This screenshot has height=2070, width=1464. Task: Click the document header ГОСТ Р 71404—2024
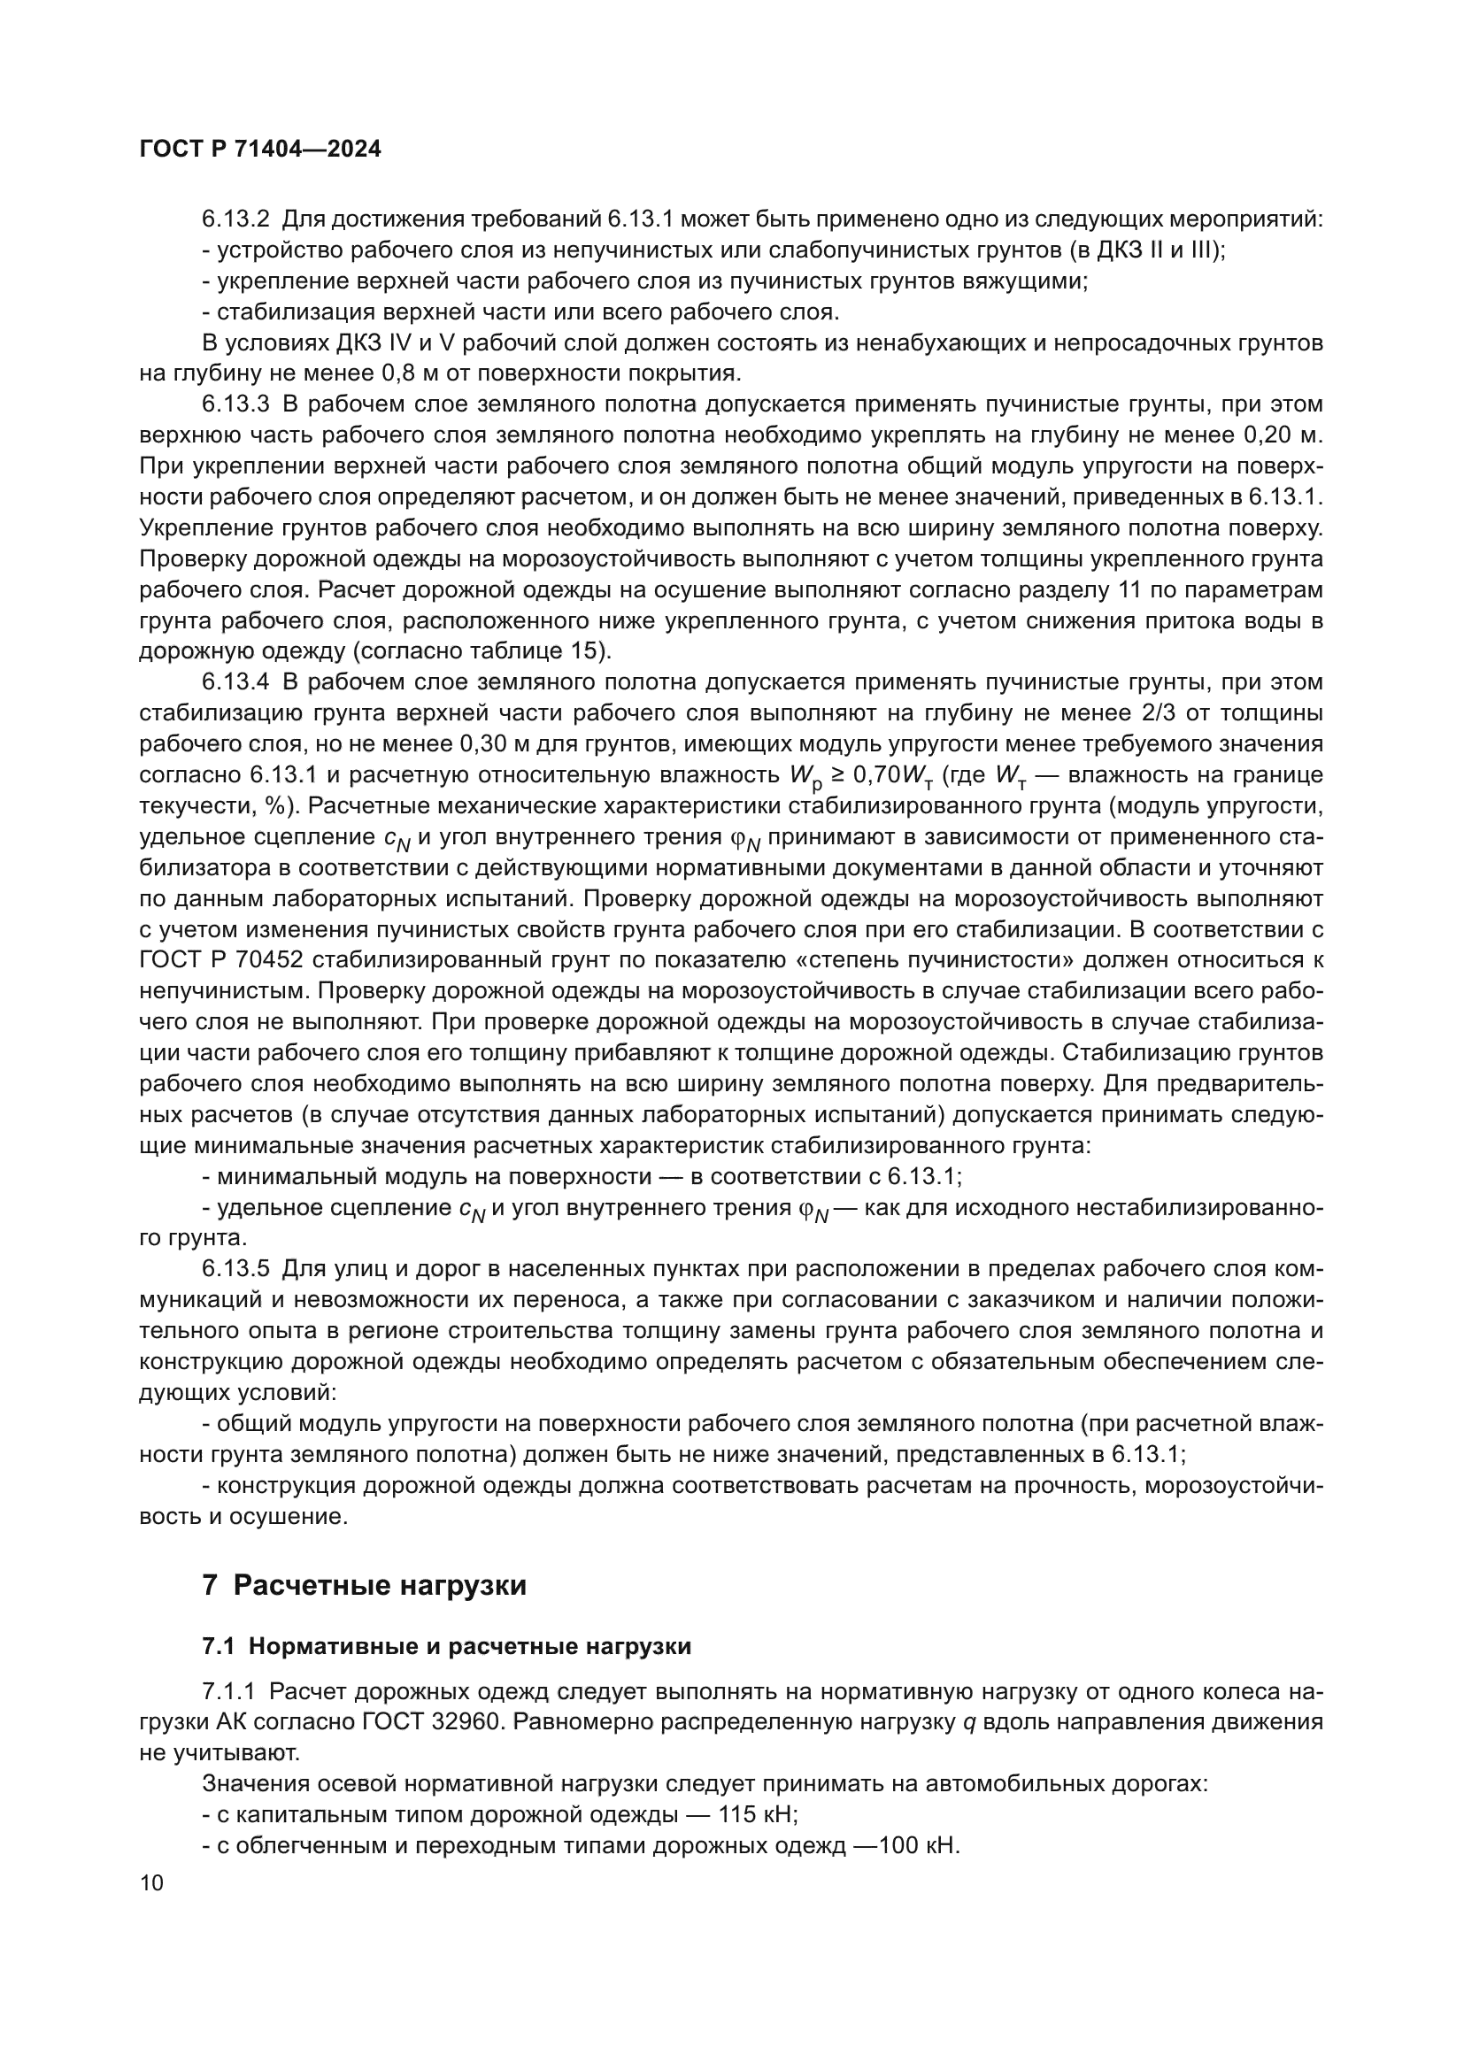[260, 150]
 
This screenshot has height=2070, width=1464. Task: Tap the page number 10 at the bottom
[151, 1882]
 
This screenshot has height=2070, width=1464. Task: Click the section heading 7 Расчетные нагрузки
[364, 1585]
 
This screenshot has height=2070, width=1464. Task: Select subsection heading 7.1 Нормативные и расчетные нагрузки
[446, 1646]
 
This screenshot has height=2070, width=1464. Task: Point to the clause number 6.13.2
[235, 219]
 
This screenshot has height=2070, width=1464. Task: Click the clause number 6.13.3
[235, 404]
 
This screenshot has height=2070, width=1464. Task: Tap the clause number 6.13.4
[235, 682]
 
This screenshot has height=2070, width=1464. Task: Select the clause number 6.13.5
[235, 1269]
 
